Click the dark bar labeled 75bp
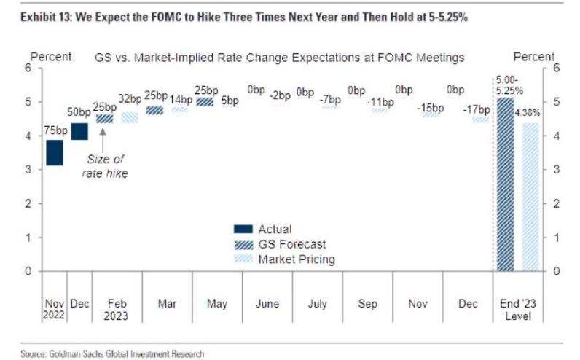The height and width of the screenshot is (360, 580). (55, 152)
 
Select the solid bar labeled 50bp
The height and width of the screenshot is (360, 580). (79, 131)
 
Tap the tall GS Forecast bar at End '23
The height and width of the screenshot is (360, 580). (505, 184)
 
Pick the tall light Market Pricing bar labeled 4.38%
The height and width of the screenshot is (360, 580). (530, 197)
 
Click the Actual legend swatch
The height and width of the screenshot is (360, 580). (243, 229)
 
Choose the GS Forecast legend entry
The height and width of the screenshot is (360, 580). (280, 244)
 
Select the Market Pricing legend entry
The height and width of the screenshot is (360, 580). (284, 259)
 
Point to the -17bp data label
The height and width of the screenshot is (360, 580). (477, 109)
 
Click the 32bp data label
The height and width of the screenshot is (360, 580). (130, 99)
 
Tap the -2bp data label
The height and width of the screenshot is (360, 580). (280, 95)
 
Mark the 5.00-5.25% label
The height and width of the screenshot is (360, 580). (509, 85)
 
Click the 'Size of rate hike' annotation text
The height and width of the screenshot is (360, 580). (105, 166)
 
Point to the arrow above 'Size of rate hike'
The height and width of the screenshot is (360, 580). (103, 138)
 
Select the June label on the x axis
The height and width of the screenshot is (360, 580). (267, 304)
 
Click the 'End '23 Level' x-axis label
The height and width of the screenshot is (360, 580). (518, 310)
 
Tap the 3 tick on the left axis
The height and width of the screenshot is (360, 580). (28, 170)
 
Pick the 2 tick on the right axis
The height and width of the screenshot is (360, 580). (557, 203)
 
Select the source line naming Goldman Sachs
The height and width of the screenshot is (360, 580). (112, 354)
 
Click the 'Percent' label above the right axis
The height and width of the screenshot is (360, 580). (534, 57)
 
